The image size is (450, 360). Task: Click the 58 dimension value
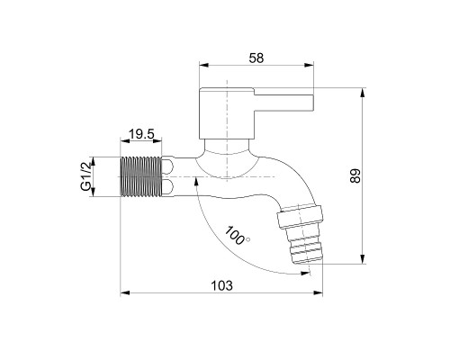[256, 58]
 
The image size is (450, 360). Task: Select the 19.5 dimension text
[141, 134]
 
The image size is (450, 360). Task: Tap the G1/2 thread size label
[85, 177]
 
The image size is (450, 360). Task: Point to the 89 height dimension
[355, 175]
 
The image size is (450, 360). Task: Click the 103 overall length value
[221, 285]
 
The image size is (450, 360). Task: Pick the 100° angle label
[237, 236]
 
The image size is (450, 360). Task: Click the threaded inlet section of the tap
[141, 176]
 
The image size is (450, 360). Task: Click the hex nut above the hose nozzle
[300, 217]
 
